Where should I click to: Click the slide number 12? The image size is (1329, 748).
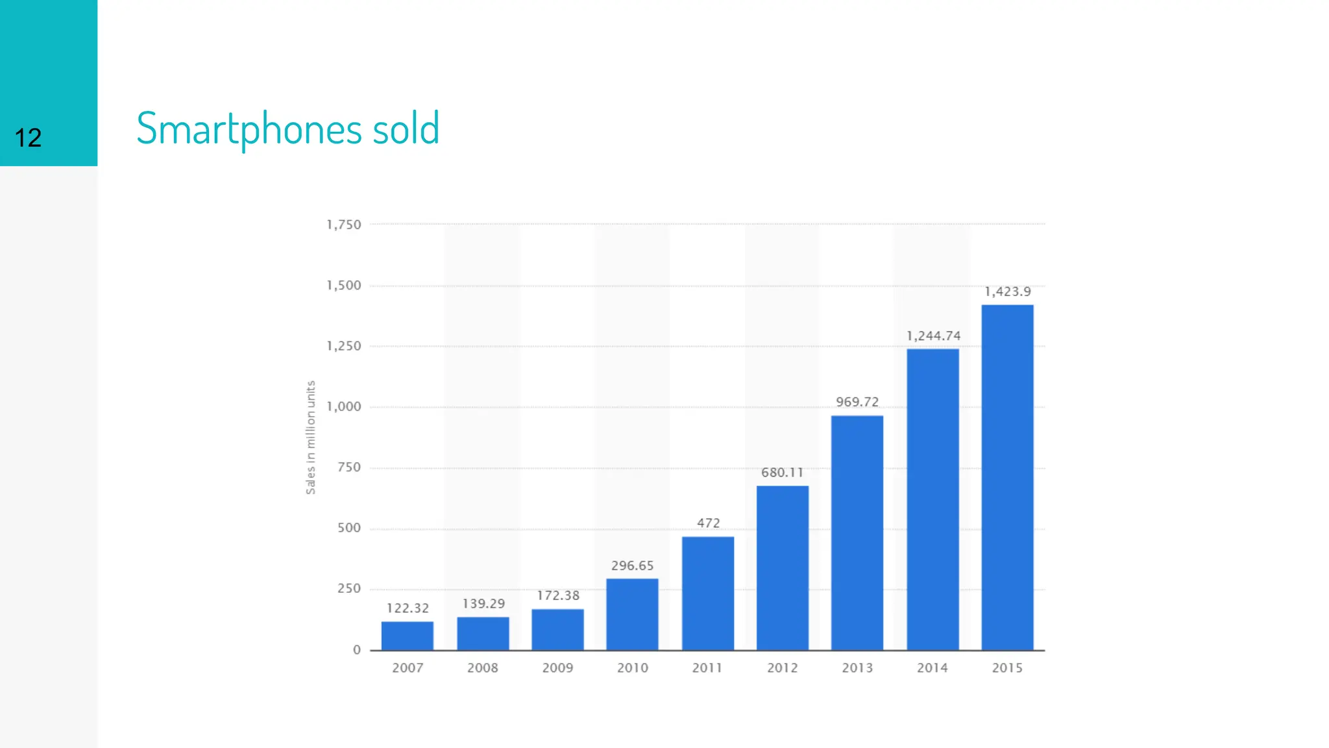[x=28, y=138]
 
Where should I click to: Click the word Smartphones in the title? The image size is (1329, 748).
[x=249, y=129]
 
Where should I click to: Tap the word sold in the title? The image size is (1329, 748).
[x=406, y=128]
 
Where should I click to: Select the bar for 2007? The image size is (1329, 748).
[x=408, y=636]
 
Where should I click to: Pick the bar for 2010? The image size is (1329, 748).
[x=632, y=614]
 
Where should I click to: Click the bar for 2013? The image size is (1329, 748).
[x=857, y=532]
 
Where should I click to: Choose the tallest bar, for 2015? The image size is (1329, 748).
[x=1007, y=477]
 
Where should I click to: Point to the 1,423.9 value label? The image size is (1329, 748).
[x=1007, y=292]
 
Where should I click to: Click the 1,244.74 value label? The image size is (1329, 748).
[x=933, y=336]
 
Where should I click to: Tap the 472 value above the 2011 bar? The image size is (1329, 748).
[x=708, y=523]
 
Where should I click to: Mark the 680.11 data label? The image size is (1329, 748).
[x=782, y=473]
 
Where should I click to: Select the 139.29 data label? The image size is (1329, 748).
[x=483, y=604]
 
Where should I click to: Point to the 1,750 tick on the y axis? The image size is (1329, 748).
[x=344, y=225]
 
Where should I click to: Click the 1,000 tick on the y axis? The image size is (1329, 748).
[x=344, y=406]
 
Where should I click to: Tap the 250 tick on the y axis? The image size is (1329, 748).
[x=349, y=588]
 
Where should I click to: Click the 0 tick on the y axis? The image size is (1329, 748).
[x=356, y=649]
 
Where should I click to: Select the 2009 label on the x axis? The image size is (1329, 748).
[x=557, y=667]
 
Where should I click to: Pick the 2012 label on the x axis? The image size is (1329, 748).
[x=782, y=667]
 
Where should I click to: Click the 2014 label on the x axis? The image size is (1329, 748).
[x=932, y=667]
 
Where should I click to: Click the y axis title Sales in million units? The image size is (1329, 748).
[x=311, y=437]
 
